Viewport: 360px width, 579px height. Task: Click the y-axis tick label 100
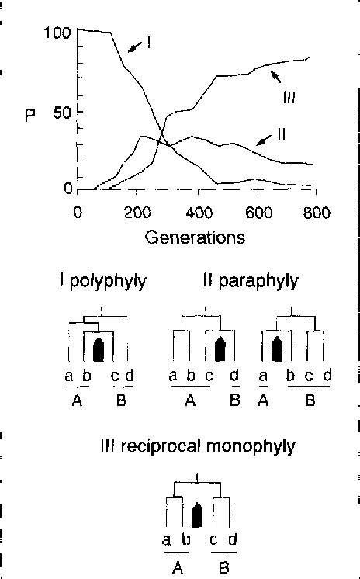[x=58, y=33]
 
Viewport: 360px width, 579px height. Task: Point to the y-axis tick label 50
[x=62, y=112]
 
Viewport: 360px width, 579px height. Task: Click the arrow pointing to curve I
[x=133, y=48]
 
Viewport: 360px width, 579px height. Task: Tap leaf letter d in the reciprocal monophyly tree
[x=233, y=541]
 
